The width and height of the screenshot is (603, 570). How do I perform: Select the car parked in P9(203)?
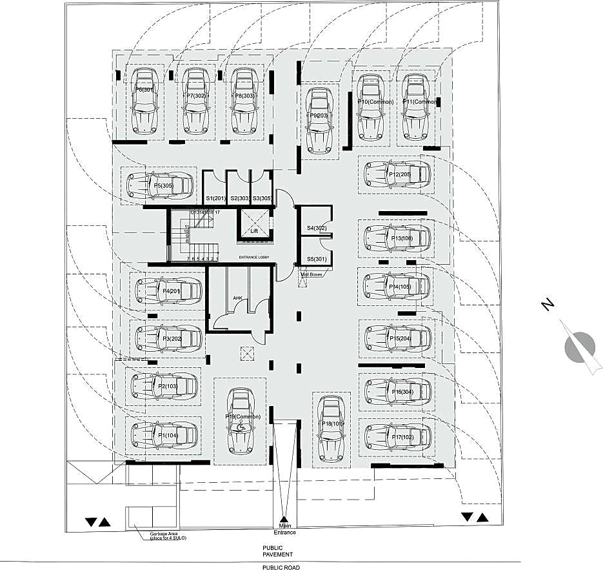[317, 119]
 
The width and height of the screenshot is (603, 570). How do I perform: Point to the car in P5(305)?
[159, 186]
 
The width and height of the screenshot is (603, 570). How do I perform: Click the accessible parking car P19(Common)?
[239, 420]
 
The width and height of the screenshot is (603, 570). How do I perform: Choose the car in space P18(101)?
[330, 428]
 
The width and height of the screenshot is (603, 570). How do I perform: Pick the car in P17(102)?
[397, 437]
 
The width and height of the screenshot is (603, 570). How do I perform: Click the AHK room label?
[237, 298]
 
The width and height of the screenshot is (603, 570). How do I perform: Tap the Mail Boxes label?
[312, 274]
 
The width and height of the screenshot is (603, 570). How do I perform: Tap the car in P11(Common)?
[415, 107]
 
